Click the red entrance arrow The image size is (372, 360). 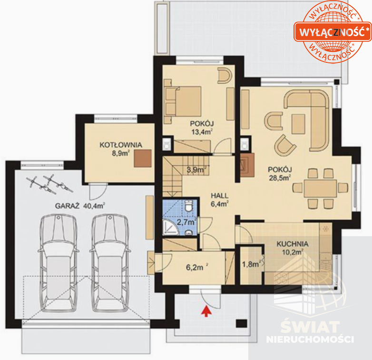click(206, 311)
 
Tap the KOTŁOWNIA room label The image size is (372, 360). click(121, 145)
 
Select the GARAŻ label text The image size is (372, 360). click(67, 206)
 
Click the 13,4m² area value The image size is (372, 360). click(202, 132)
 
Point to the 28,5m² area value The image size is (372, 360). click(280, 178)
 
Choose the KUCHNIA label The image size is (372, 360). click(293, 244)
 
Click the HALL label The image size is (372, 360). click(220, 196)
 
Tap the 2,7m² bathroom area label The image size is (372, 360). click(186, 222)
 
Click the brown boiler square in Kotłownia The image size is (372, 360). click(143, 159)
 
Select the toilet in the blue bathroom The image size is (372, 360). click(189, 206)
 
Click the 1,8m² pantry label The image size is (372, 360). click(251, 264)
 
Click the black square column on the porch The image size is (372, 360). click(242, 323)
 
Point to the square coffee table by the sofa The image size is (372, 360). click(298, 124)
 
